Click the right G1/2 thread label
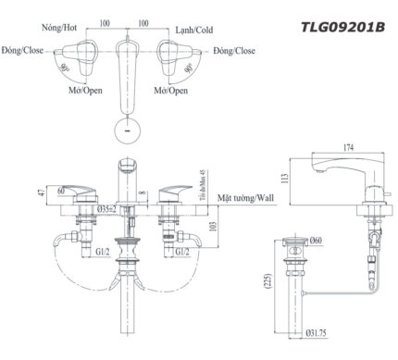(182, 250)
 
